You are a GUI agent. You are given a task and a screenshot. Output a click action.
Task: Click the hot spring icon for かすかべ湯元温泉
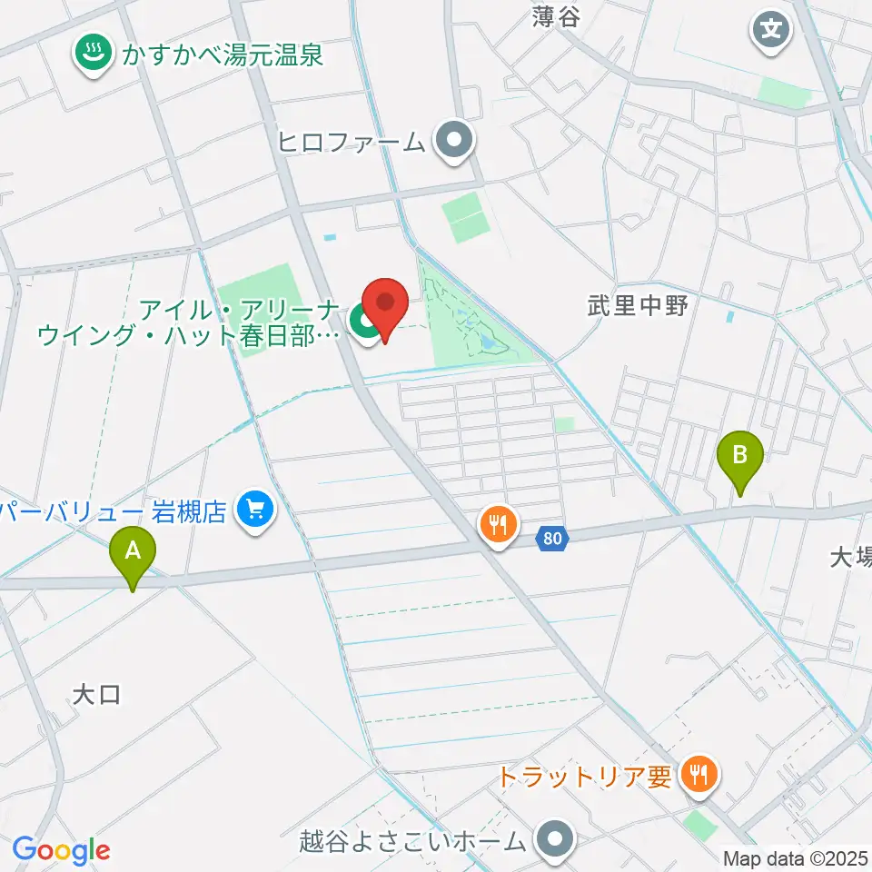click(91, 54)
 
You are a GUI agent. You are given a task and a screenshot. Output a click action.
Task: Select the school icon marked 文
click(771, 30)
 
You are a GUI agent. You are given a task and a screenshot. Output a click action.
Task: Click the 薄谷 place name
click(556, 15)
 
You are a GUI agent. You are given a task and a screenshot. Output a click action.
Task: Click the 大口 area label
click(96, 695)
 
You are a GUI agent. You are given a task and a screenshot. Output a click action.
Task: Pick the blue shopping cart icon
click(255, 510)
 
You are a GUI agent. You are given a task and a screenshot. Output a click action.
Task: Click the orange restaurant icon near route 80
click(498, 525)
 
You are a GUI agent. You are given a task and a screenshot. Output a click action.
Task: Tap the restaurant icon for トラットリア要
click(699, 775)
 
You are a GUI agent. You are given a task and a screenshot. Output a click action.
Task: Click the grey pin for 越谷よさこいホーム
click(554, 838)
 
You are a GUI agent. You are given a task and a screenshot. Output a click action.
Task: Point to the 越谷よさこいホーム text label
click(412, 839)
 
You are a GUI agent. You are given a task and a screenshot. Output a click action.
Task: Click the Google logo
click(61, 849)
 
